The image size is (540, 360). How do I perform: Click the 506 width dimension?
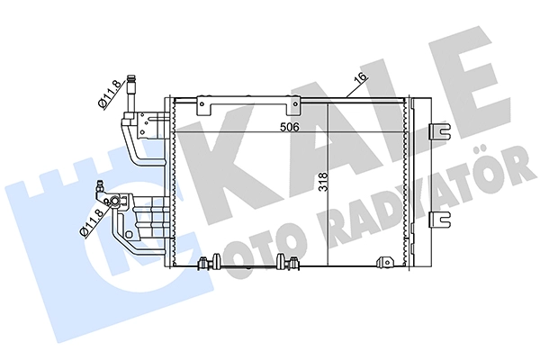coord(289,127)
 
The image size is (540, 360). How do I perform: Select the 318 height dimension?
coord(323,182)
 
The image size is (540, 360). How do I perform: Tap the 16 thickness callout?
coord(361,78)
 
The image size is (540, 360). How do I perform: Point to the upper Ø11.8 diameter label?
coord(110,94)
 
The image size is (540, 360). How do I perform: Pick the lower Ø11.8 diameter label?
coord(91,222)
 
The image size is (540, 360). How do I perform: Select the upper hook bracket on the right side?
coord(440,131)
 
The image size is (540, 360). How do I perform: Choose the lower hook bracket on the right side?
coord(440,220)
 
